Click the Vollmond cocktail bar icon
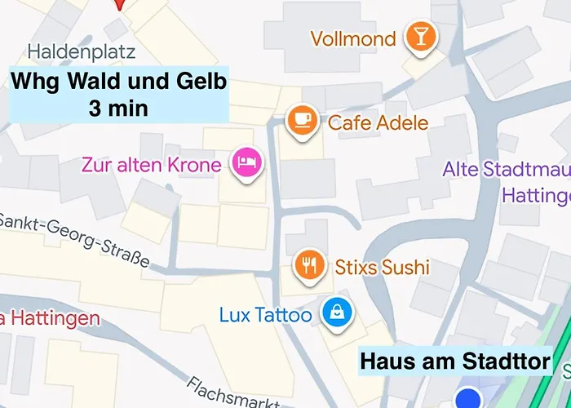tap(421, 37)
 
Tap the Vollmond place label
tap(353, 38)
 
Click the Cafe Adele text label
tap(378, 123)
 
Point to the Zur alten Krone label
tap(151, 165)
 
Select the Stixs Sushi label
tap(382, 267)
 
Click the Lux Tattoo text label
tap(265, 314)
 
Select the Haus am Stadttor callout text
tap(455, 361)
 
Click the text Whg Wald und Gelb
tap(118, 82)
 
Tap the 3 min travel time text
tap(118, 109)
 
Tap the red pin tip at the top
tap(121, 7)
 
